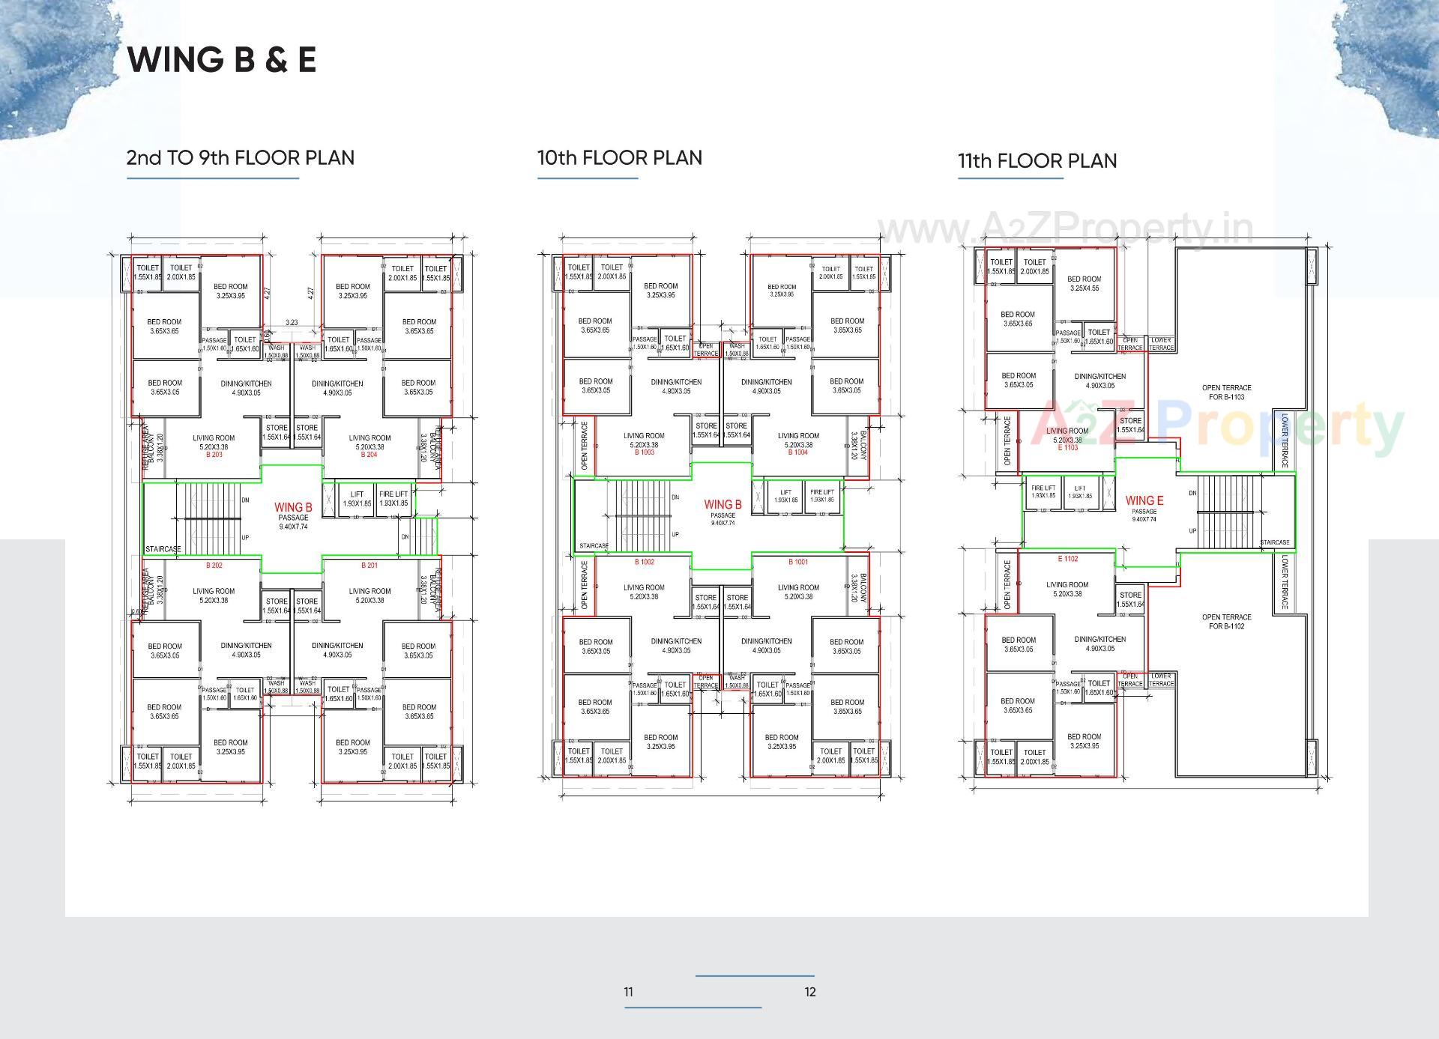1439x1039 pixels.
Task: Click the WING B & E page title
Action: [x=222, y=60]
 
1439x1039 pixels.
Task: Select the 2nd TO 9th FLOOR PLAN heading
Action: [x=240, y=158]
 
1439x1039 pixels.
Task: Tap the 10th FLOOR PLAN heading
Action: [x=619, y=158]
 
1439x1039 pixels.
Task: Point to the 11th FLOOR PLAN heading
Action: [x=1037, y=161]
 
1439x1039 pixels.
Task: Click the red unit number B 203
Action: [x=214, y=455]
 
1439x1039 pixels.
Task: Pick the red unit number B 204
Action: [x=369, y=455]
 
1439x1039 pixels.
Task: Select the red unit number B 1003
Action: [x=644, y=452]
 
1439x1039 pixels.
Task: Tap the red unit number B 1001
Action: [x=798, y=562]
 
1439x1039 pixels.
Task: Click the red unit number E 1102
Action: [x=1068, y=559]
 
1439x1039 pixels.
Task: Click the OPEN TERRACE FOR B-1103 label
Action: [x=1226, y=393]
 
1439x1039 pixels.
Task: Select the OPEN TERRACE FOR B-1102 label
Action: [x=1226, y=622]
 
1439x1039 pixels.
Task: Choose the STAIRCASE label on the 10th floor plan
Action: [x=594, y=545]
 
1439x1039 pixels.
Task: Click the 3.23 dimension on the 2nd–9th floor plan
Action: [x=292, y=323]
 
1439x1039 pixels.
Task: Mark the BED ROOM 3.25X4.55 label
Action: [x=1084, y=283]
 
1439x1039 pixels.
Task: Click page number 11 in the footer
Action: [x=628, y=992]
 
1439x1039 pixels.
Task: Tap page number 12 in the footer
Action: [x=810, y=992]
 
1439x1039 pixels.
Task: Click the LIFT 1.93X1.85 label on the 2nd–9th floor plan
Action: [x=357, y=498]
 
